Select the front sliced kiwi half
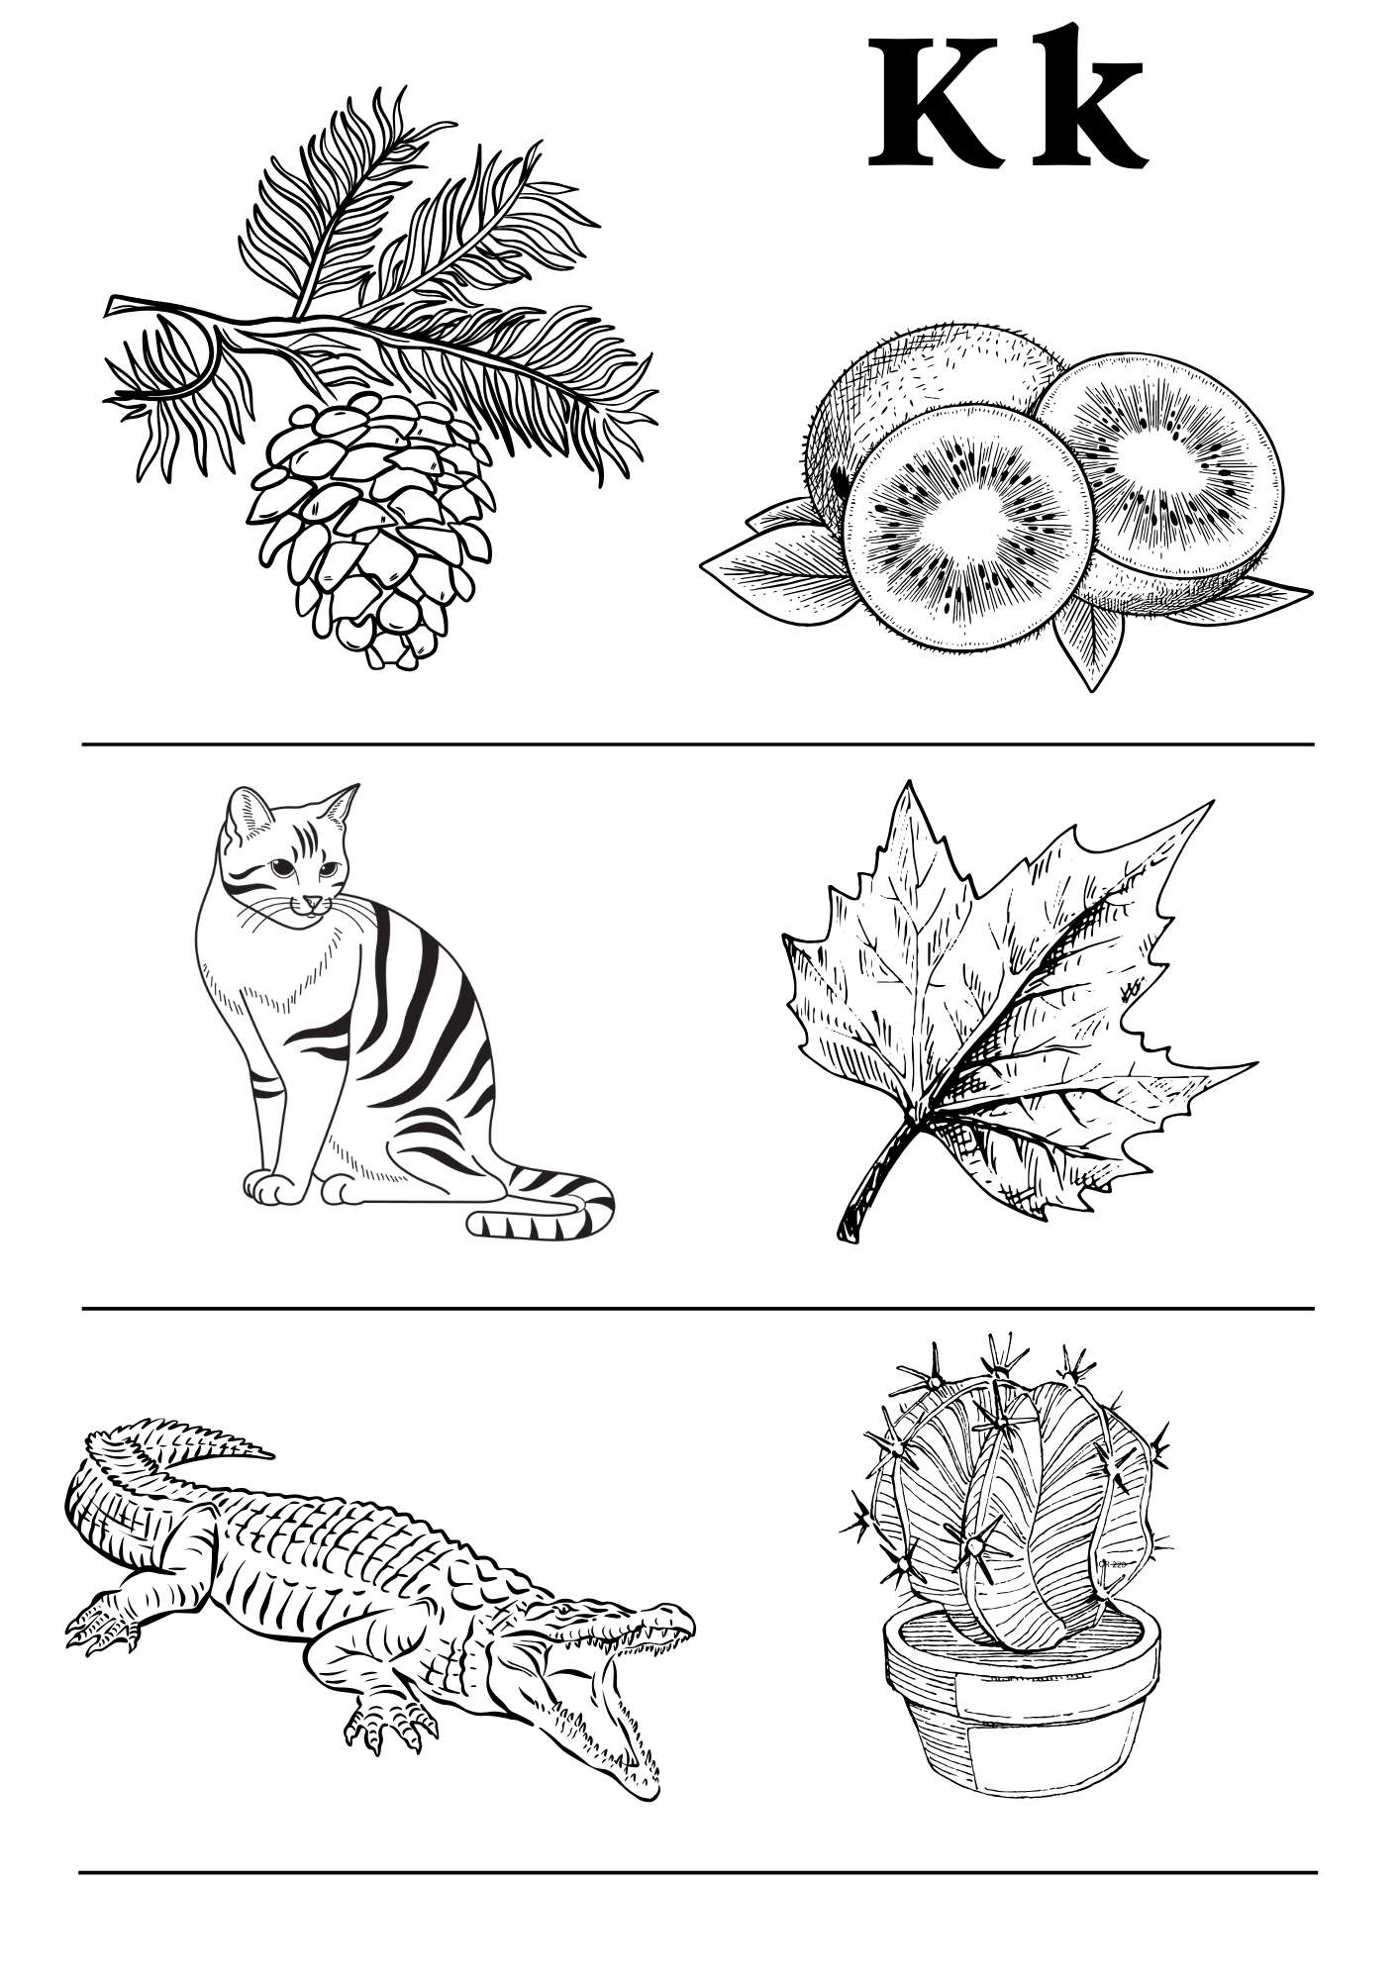click(x=973, y=527)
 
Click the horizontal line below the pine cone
click(x=698, y=743)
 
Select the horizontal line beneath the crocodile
click(x=698, y=1872)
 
